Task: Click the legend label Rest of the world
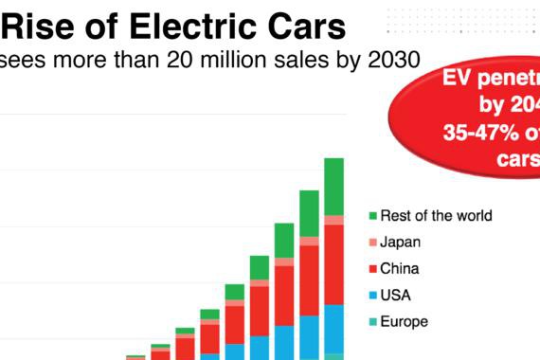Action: click(436, 216)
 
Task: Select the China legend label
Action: click(399, 269)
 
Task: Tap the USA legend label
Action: click(396, 296)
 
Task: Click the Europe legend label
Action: click(404, 322)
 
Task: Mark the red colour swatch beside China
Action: click(373, 270)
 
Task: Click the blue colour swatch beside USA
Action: click(373, 297)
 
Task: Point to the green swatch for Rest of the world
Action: click(373, 217)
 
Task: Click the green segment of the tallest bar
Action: click(333, 186)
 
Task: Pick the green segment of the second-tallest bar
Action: click(309, 213)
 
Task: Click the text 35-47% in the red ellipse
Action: click(477, 134)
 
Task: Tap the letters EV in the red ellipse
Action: click(459, 81)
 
